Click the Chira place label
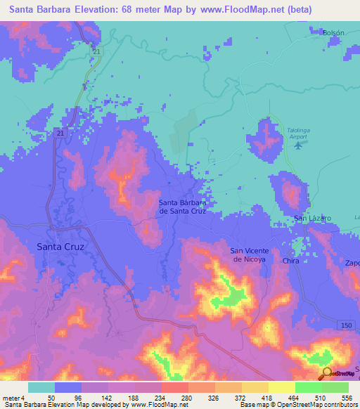291,261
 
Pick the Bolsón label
333,33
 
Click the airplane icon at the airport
298,145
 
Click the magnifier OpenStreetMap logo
326,374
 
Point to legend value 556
347,398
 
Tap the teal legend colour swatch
41,387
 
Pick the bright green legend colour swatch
308,387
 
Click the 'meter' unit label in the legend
12,398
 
